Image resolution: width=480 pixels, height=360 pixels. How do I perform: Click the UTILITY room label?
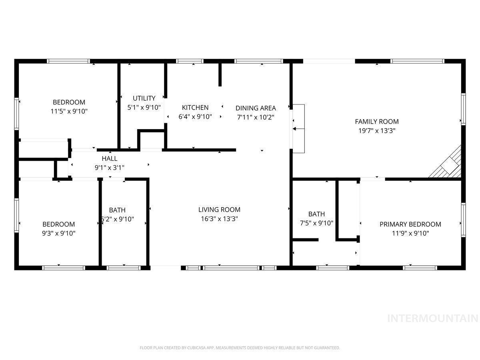coord(144,98)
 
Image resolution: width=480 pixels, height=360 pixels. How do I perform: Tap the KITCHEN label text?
coord(195,108)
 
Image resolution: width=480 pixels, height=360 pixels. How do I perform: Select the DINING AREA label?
coord(256,108)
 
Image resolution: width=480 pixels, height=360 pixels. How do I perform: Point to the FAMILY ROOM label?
coord(377,122)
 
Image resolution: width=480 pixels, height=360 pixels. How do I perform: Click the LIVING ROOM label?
coord(219,210)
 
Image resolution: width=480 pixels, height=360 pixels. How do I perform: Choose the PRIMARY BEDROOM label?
coord(410,224)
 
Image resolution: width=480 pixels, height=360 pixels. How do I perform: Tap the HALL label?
coord(110,158)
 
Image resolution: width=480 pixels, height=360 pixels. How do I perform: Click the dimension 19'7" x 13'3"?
coord(377,131)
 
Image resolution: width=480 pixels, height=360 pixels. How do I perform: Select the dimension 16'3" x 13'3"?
coord(219,219)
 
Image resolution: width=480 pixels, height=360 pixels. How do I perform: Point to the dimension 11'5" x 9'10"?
coord(69,111)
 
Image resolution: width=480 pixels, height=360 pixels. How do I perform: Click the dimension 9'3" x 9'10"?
coord(59,234)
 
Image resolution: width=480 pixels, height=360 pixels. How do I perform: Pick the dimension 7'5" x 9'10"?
coord(316,223)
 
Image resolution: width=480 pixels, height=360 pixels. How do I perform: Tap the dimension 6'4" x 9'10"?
coord(195,117)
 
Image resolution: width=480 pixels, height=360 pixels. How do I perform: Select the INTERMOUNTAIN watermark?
coord(433,318)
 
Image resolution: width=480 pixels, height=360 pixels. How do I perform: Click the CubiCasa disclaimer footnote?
coord(240,348)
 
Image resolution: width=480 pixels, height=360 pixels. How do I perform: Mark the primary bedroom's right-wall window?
coord(463,220)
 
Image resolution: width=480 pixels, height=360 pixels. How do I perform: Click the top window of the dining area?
coord(259,61)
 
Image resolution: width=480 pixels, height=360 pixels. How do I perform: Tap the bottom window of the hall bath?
coord(124,268)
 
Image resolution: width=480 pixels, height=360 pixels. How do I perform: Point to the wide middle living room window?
coord(231,268)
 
